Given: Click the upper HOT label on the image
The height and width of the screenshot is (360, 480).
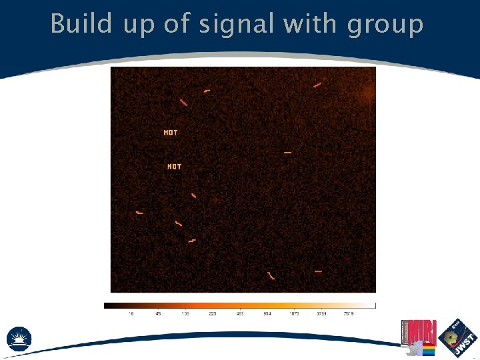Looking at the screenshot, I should (171, 133).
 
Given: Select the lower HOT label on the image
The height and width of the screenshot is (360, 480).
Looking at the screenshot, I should (174, 167).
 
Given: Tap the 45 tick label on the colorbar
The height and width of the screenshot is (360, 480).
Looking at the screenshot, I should (158, 313).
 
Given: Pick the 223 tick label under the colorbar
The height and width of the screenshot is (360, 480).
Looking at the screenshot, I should (213, 313).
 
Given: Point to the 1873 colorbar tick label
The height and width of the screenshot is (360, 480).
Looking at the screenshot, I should (294, 313).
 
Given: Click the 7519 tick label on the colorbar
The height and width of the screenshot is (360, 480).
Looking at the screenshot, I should (348, 313).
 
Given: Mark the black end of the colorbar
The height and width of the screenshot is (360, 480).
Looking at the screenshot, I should (107, 305).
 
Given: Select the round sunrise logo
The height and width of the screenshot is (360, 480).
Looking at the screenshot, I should (19, 338).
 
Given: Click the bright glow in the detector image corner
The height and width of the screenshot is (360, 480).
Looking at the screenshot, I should (369, 94).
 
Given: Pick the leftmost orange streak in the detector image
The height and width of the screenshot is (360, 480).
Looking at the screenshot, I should (139, 213).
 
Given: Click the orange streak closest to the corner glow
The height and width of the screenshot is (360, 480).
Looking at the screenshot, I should (317, 85).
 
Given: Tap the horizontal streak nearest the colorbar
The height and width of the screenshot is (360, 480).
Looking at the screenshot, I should (318, 271).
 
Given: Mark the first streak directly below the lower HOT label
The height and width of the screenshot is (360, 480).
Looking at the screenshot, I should (193, 195).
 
